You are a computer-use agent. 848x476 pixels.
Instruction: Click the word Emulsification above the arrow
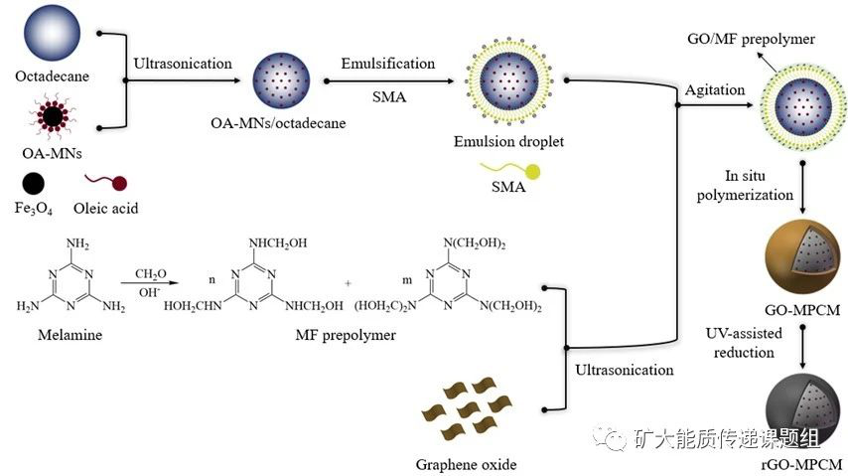point(387,64)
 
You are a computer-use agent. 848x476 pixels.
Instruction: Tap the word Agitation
point(714,90)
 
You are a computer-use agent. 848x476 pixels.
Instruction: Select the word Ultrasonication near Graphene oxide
point(624,370)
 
